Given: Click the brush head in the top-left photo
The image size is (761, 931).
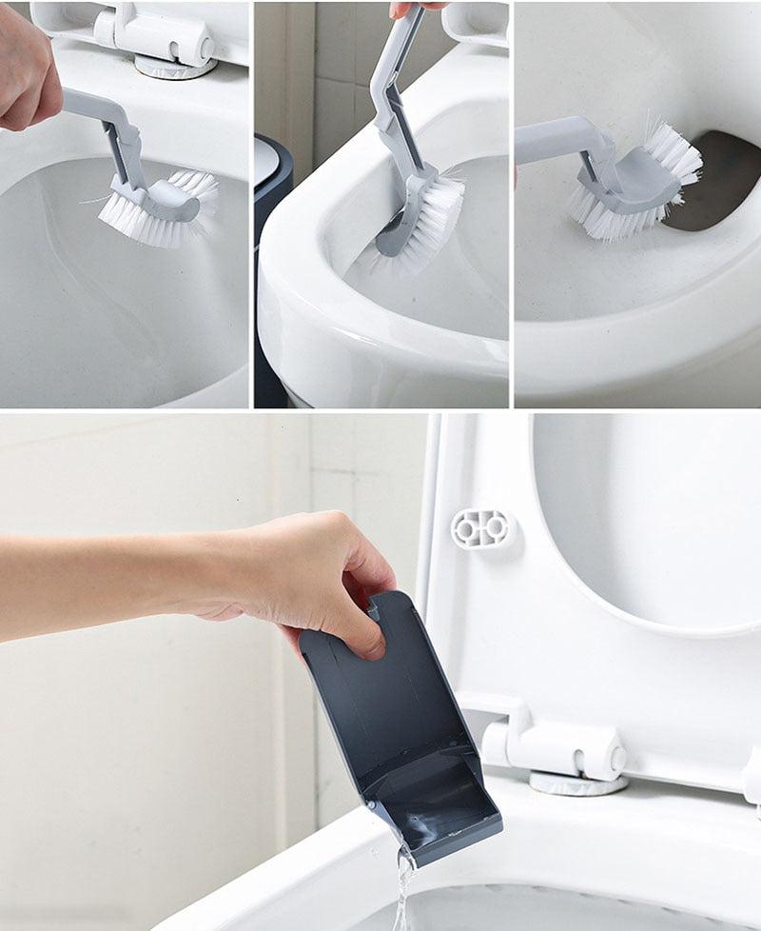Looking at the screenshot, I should (x=160, y=204).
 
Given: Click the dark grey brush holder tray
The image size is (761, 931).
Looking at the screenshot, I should (x=400, y=723).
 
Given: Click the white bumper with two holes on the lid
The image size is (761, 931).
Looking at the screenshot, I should (x=482, y=529).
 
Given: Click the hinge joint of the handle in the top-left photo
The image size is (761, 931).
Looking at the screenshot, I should (x=125, y=129).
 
